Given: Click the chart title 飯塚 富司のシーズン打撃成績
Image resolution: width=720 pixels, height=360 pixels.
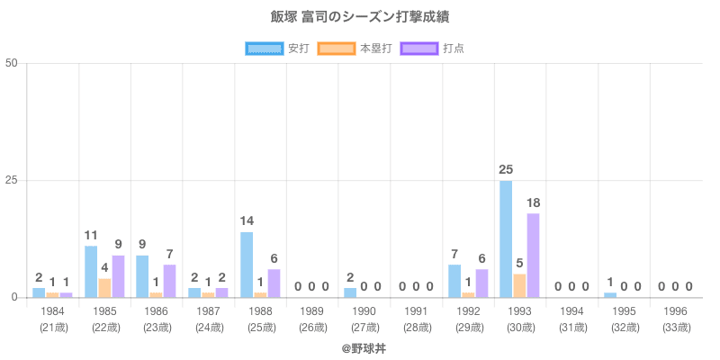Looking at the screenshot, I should point(360,17).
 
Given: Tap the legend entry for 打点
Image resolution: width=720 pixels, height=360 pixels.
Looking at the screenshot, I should point(432,49).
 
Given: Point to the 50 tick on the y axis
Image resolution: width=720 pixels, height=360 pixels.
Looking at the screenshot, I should point(12,63).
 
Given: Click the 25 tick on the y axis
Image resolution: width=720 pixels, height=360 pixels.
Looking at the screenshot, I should point(12,180).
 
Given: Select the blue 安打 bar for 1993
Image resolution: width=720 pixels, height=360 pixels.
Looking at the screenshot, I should point(506,238).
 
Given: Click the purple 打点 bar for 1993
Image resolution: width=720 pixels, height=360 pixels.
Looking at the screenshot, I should point(533,255).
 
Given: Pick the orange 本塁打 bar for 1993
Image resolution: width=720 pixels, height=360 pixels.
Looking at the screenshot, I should point(519,285).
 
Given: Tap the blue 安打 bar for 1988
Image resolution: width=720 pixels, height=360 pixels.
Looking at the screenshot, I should point(247,265).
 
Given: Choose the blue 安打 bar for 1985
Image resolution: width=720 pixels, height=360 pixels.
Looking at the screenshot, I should point(91,271).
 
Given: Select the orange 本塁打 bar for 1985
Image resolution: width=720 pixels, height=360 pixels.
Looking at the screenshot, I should point(104,287).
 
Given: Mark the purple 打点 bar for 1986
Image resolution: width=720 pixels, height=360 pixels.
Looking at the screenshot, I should point(169,281).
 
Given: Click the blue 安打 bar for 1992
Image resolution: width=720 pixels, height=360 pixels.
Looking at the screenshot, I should point(454,281).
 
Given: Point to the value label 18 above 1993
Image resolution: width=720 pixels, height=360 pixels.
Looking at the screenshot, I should point(533,202).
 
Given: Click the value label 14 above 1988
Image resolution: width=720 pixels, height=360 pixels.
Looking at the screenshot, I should point(247,221).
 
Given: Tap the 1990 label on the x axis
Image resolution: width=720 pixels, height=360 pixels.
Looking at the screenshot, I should point(364,311).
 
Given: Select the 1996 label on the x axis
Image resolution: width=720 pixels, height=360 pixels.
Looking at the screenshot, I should point(675,311).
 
